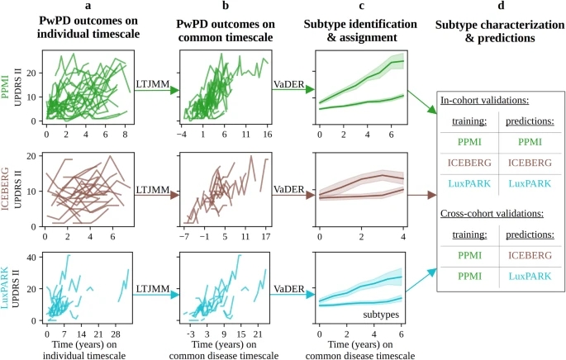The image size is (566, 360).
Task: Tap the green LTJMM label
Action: [x=152, y=83]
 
